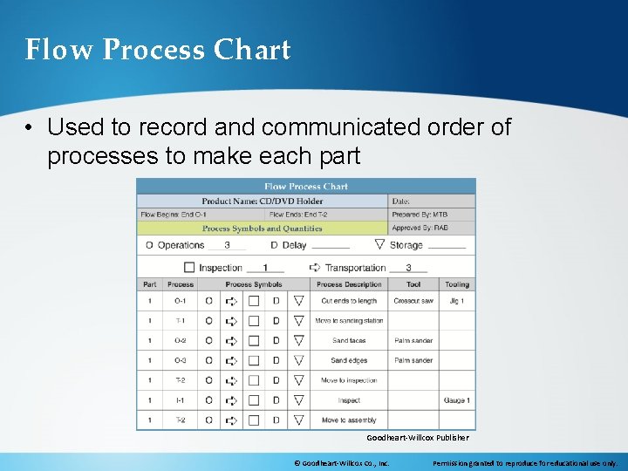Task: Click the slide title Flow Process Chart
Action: [158, 50]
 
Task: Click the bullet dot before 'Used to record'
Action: [30, 128]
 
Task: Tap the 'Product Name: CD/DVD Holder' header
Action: [262, 201]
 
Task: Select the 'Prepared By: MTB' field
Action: [421, 215]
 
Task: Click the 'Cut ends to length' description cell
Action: [349, 301]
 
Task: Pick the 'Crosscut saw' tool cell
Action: [413, 301]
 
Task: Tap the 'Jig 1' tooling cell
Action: [457, 301]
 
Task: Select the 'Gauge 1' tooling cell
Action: [457, 400]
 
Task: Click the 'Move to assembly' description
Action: [349, 420]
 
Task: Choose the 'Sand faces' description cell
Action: [349, 341]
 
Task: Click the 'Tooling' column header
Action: [457, 284]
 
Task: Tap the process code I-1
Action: [180, 400]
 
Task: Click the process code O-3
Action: [180, 360]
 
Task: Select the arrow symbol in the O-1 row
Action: [231, 301]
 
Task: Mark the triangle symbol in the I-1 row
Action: [298, 400]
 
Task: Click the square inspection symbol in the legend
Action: [189, 268]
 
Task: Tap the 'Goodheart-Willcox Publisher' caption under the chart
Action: [417, 438]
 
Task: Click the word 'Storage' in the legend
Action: [406, 245]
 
